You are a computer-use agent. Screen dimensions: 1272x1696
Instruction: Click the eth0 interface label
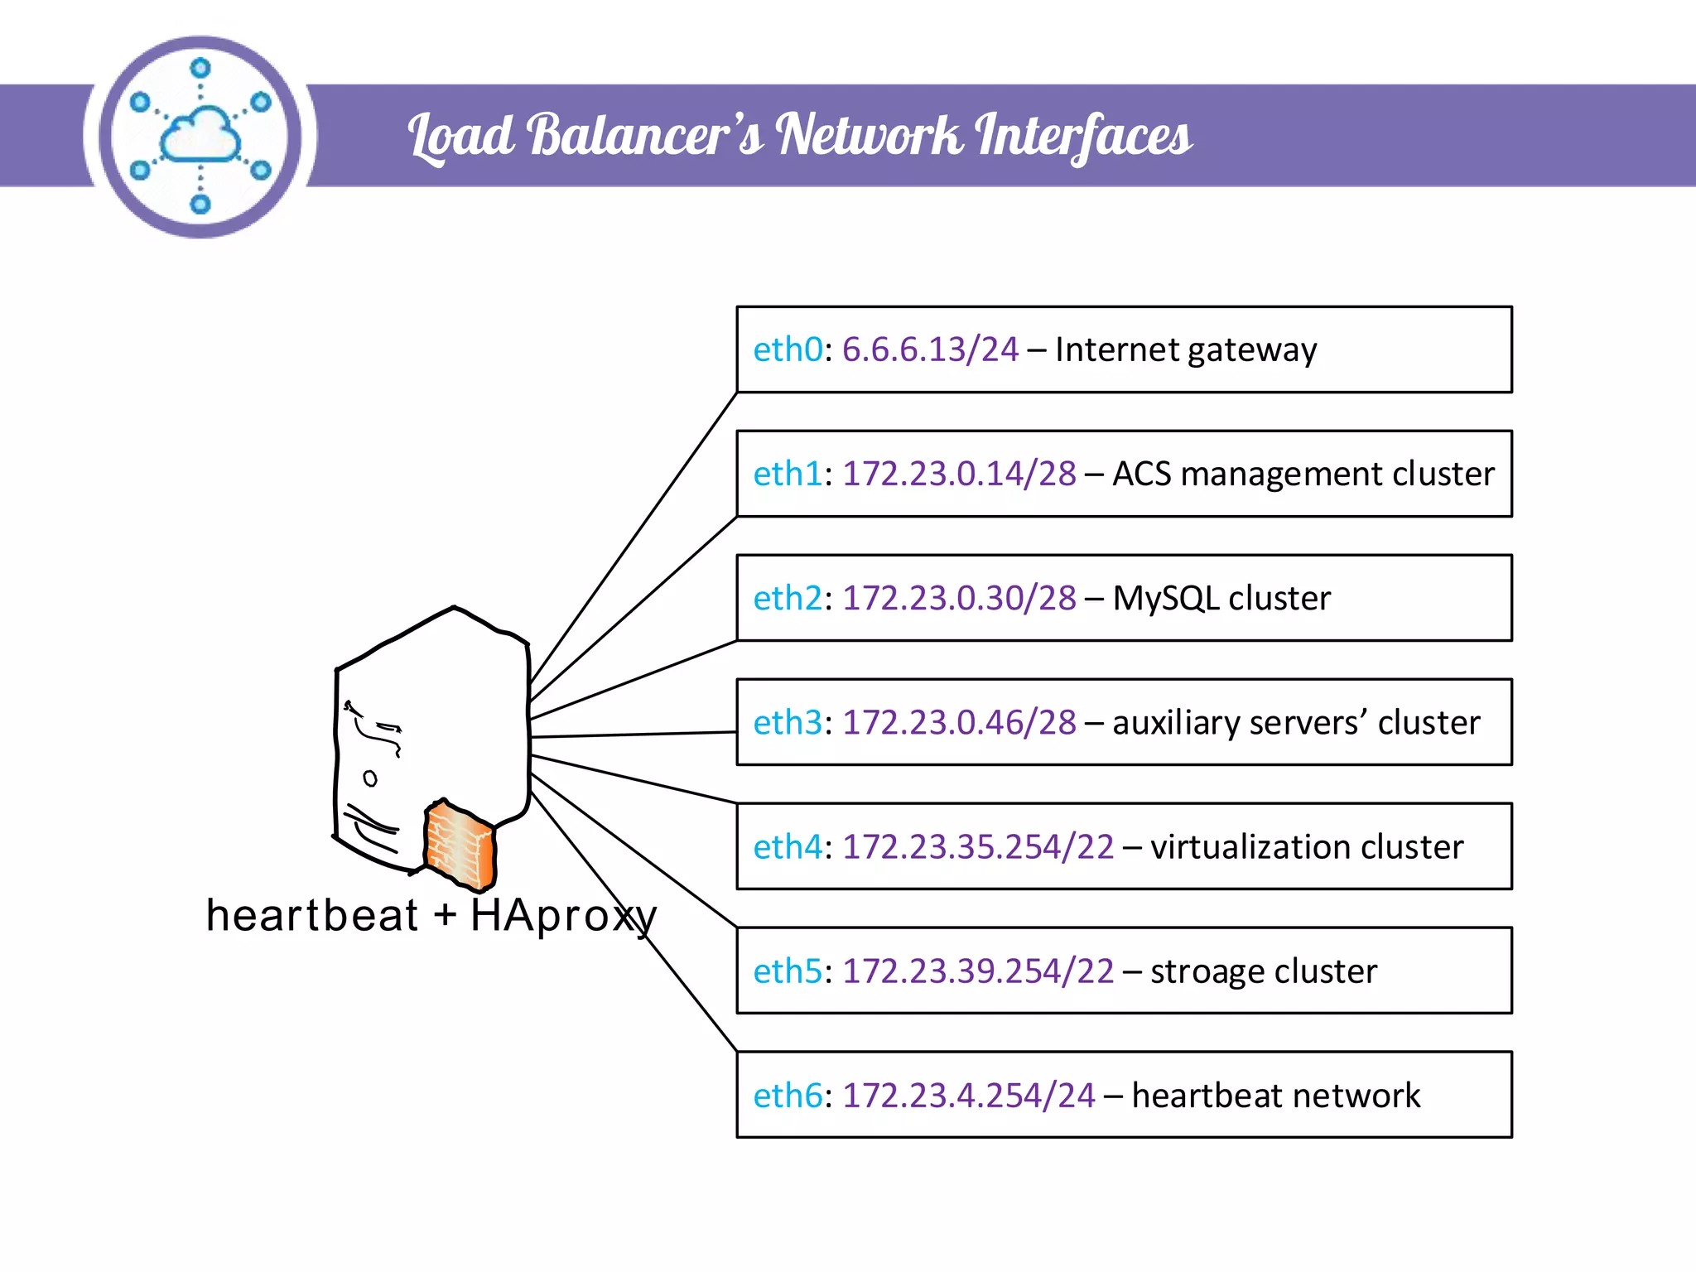tap(788, 350)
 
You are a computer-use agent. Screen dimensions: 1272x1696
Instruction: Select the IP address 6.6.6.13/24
tap(930, 350)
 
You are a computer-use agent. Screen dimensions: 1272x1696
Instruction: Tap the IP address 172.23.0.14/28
tap(959, 475)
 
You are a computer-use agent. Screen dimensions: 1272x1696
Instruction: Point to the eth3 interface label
tap(788, 723)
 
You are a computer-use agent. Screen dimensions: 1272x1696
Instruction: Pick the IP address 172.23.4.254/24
tap(968, 1096)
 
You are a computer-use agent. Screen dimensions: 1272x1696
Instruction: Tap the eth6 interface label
tap(788, 1096)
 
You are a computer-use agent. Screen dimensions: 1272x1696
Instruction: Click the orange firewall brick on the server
tap(460, 845)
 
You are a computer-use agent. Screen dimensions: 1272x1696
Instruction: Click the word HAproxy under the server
tap(563, 916)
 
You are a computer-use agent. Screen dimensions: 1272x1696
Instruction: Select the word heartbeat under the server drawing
tap(311, 916)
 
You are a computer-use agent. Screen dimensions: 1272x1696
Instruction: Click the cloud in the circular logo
tap(200, 135)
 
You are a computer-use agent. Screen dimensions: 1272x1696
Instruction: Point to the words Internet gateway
tap(1185, 350)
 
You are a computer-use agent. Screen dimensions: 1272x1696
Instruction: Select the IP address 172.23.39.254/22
tap(978, 971)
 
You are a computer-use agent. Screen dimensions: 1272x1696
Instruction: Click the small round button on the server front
tap(370, 778)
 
